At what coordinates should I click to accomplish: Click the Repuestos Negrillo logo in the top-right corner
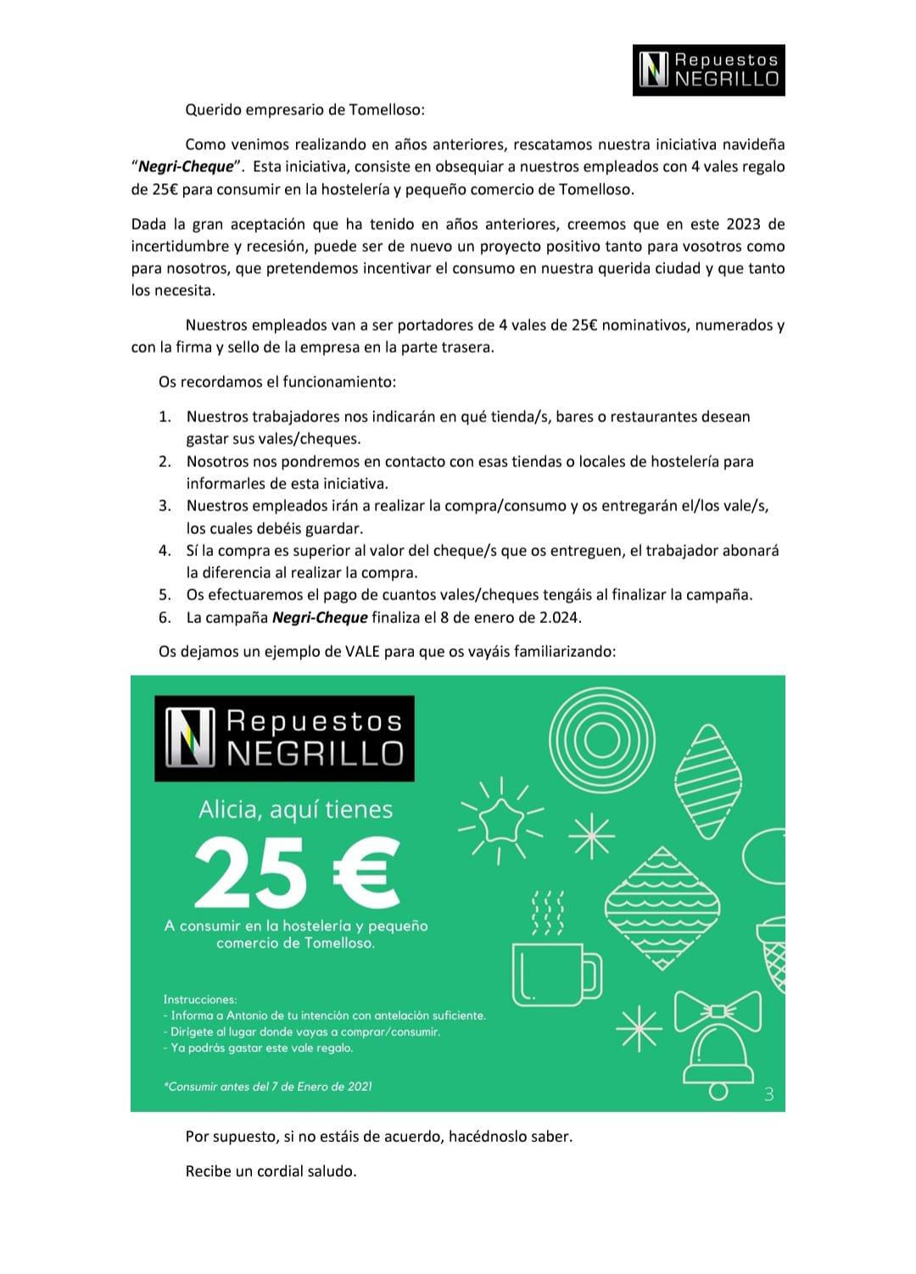(708, 70)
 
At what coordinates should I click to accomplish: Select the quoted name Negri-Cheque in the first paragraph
(184, 167)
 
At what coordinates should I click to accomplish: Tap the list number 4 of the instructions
(165, 550)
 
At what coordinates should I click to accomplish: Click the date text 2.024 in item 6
(559, 617)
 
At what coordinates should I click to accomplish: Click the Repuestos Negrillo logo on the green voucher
(284, 738)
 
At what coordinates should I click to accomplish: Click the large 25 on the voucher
(251, 871)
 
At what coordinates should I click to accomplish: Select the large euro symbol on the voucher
(363, 871)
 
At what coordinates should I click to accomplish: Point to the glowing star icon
(499, 820)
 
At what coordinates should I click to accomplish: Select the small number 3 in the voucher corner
(768, 1094)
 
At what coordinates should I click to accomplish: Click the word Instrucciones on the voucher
(200, 999)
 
